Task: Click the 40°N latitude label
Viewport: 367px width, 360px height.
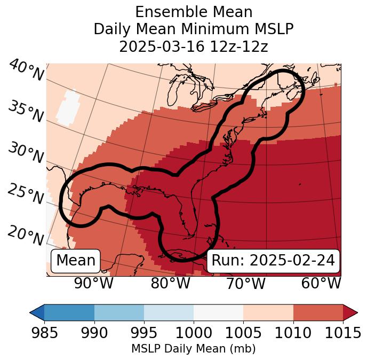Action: (x=26, y=71)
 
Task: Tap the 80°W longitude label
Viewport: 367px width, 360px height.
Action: (x=170, y=283)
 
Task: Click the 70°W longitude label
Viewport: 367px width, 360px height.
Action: (x=245, y=283)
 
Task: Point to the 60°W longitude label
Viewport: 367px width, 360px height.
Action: (x=321, y=283)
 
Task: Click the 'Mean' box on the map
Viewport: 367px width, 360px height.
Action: (x=76, y=261)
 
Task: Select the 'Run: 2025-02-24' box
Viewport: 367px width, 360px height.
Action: (x=273, y=261)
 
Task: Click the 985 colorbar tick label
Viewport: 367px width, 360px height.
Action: (x=44, y=333)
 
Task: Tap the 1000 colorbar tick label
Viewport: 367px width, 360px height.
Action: (x=194, y=333)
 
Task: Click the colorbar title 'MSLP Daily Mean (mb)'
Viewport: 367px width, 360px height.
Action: (x=194, y=349)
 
